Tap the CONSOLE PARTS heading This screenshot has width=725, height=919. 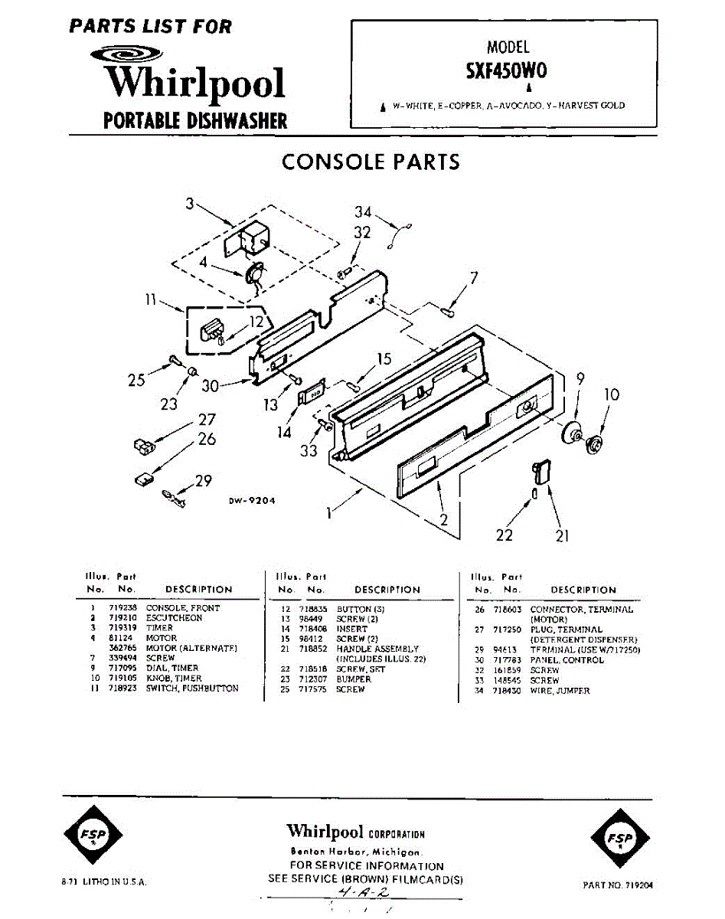click(371, 162)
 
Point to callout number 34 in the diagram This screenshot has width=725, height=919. click(363, 212)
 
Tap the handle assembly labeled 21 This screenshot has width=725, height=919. click(542, 471)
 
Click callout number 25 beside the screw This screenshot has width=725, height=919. click(136, 379)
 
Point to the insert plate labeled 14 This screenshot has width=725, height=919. click(310, 393)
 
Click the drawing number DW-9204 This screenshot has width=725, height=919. click(251, 502)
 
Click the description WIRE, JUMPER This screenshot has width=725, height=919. click(559, 691)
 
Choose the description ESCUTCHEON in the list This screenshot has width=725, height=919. click(174, 618)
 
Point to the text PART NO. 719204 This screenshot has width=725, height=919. click(618, 885)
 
